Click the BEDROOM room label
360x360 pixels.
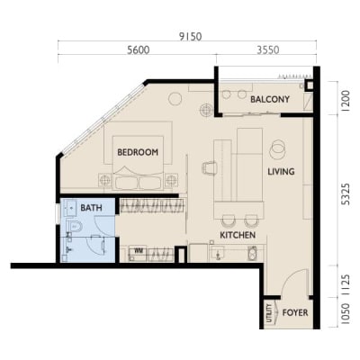pos(138,152)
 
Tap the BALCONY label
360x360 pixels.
pos(270,99)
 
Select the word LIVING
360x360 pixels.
pos(281,172)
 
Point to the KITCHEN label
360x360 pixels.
pos(238,235)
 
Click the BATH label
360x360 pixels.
pos(91,208)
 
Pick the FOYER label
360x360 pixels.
pos(295,313)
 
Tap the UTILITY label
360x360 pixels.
pos(269,313)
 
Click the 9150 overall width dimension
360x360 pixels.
pos(190,37)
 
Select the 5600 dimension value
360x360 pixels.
pos(139,50)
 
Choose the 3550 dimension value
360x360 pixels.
pos(268,50)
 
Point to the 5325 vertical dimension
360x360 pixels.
pos(346,194)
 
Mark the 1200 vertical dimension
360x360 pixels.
pos(346,101)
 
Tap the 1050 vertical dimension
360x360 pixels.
pos(346,313)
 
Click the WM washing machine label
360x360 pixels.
pos(139,250)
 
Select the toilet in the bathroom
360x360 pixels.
pos(74,227)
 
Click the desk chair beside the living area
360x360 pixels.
pos(210,167)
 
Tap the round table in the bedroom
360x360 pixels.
pos(175,99)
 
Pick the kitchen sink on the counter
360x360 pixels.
pos(217,253)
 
